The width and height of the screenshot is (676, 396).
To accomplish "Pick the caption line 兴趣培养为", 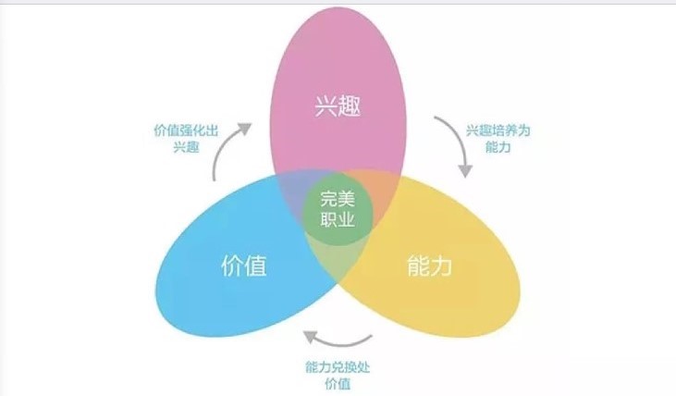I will click(x=500, y=130).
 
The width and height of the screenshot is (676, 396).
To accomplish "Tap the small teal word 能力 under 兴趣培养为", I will click(x=500, y=146).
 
